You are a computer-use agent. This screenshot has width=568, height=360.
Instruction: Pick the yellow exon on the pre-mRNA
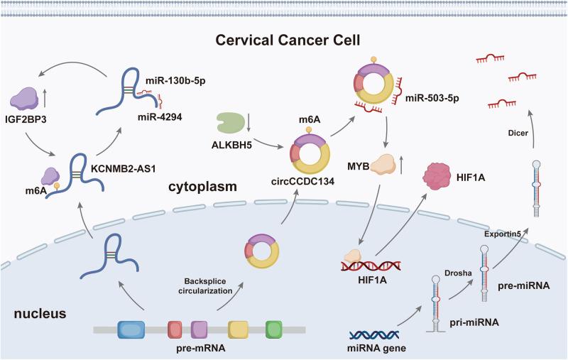[x=239, y=329]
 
